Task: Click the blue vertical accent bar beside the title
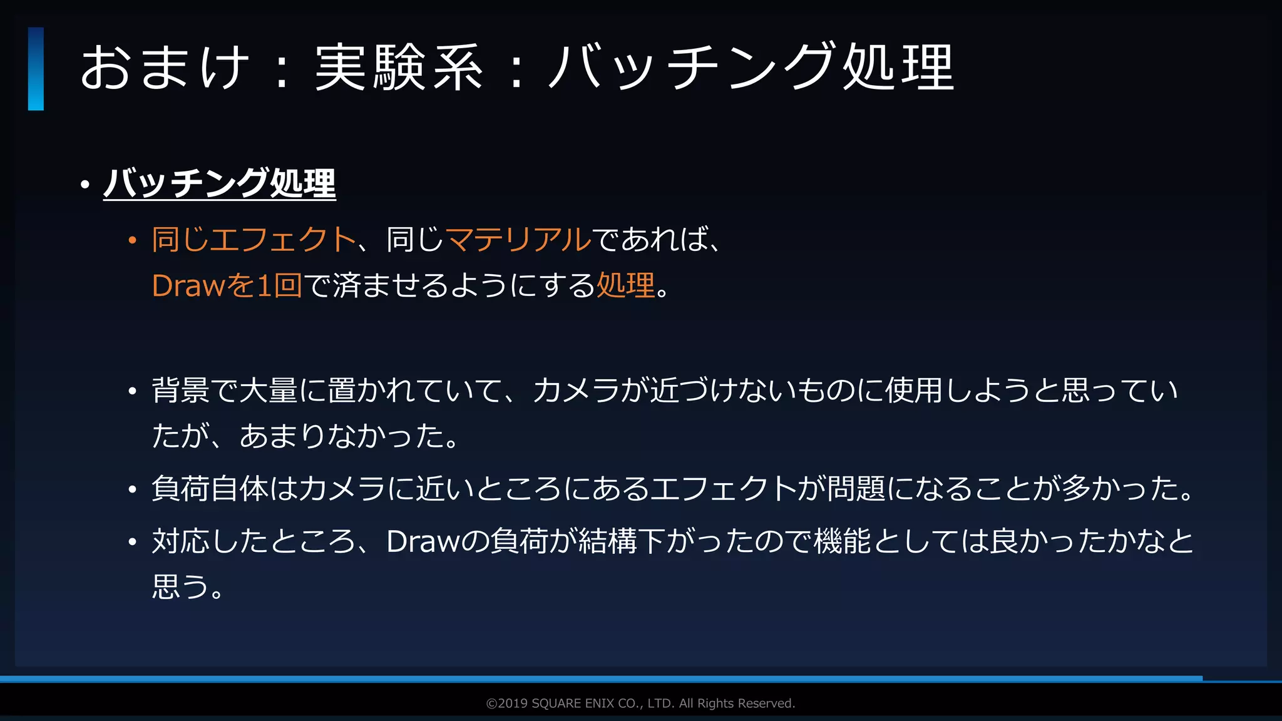click(36, 69)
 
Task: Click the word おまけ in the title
click(165, 68)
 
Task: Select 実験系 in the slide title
click(399, 68)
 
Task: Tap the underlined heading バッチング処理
click(220, 183)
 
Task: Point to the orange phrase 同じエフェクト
click(254, 240)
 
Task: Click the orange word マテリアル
click(518, 240)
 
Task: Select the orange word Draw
click(188, 286)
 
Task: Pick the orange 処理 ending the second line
click(625, 286)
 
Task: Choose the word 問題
click(856, 489)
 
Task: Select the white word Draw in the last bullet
click(423, 541)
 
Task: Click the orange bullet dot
click(132, 240)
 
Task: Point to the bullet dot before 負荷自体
click(132, 489)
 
